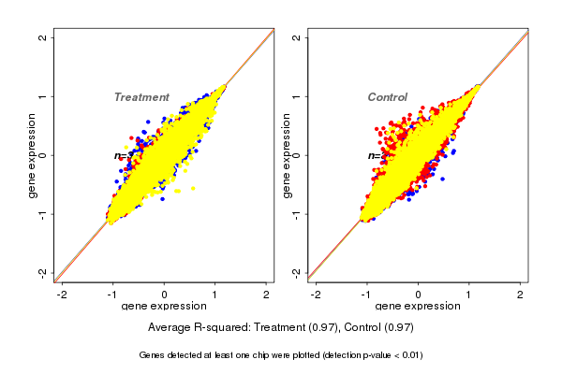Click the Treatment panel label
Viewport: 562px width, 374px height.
click(x=141, y=97)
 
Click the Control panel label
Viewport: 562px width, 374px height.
click(x=388, y=97)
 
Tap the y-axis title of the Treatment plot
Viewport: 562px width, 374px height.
click(x=33, y=155)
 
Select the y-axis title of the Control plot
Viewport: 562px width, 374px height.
click(x=286, y=155)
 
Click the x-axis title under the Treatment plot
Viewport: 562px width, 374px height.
click(x=164, y=307)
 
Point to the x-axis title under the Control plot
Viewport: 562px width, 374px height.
click(x=418, y=307)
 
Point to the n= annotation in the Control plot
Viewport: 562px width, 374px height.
click(x=374, y=155)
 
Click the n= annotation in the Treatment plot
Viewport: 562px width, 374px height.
click(x=121, y=155)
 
